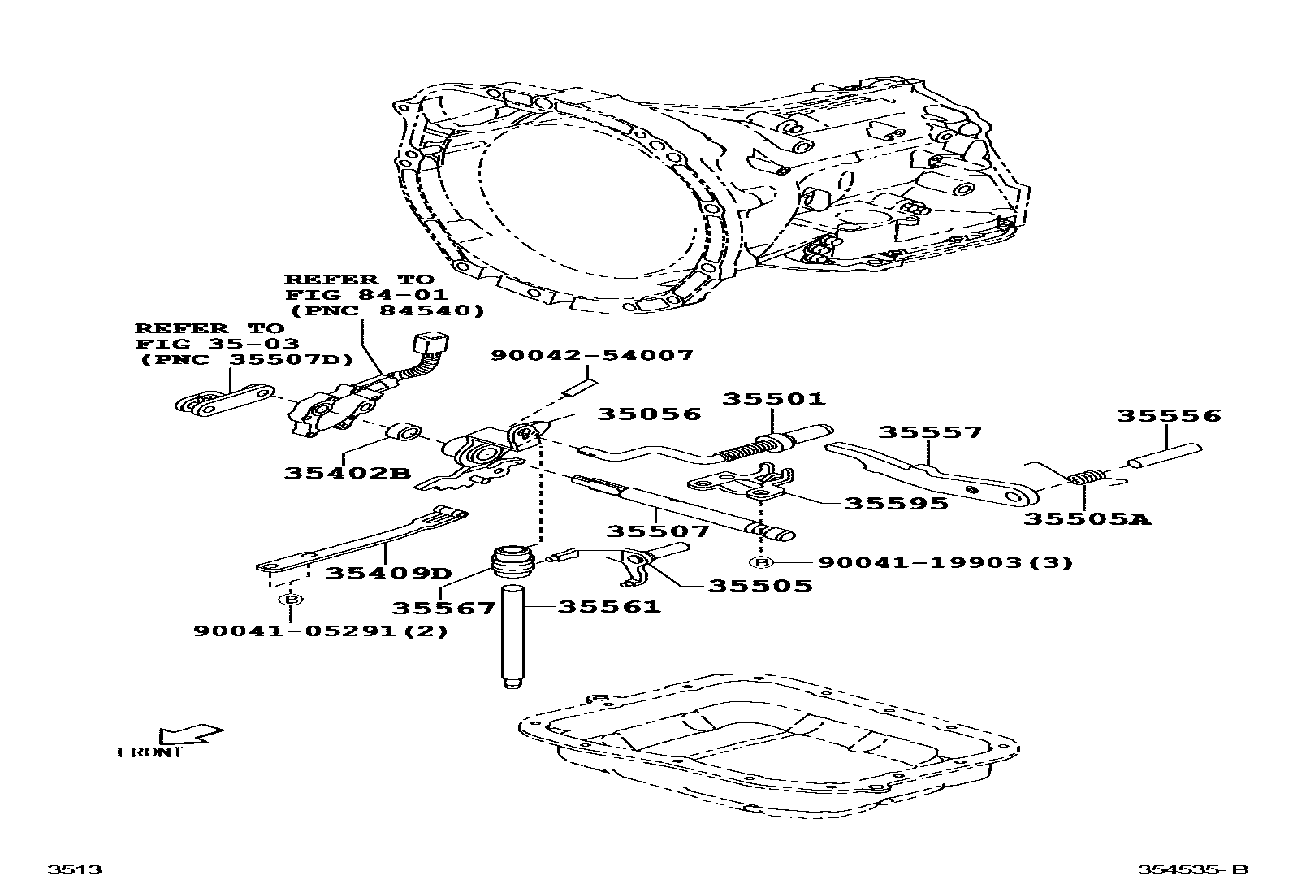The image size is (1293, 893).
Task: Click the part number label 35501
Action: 774,399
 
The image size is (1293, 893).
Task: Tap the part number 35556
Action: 1168,416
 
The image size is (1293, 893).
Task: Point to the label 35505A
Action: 1087,518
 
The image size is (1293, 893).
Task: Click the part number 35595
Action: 896,504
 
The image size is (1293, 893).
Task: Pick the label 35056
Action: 649,414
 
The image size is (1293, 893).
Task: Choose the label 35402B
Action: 348,473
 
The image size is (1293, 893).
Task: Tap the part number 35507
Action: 658,531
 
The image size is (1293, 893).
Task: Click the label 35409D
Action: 388,573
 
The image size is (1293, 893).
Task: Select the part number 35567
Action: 443,609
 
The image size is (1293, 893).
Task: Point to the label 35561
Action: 609,606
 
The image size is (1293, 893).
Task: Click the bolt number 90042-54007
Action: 592,355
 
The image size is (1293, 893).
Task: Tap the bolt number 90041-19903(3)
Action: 945,562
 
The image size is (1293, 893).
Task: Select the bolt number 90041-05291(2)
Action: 320,631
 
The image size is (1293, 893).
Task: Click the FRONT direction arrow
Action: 191,735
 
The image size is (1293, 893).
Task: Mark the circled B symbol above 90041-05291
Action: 290,600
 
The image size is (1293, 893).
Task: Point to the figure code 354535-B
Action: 1191,870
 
